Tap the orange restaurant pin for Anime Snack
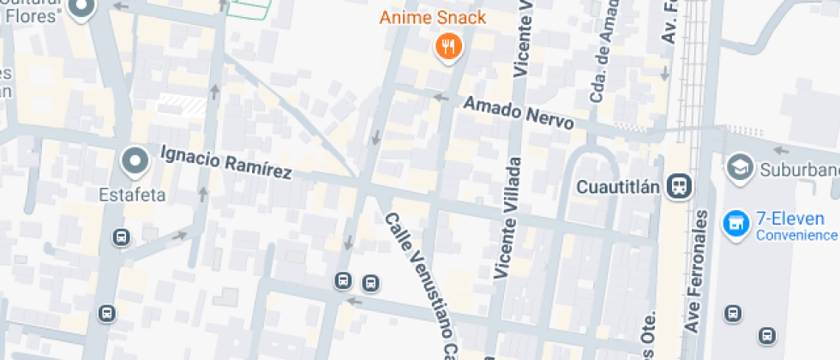point(447,46)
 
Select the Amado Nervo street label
point(518,112)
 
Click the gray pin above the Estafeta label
point(134,160)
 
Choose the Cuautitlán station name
point(620,186)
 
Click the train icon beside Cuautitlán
point(681,185)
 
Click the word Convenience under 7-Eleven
point(795,235)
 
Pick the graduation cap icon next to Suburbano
point(737,167)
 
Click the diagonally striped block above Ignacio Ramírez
point(182,105)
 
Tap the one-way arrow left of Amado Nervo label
point(441,98)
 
